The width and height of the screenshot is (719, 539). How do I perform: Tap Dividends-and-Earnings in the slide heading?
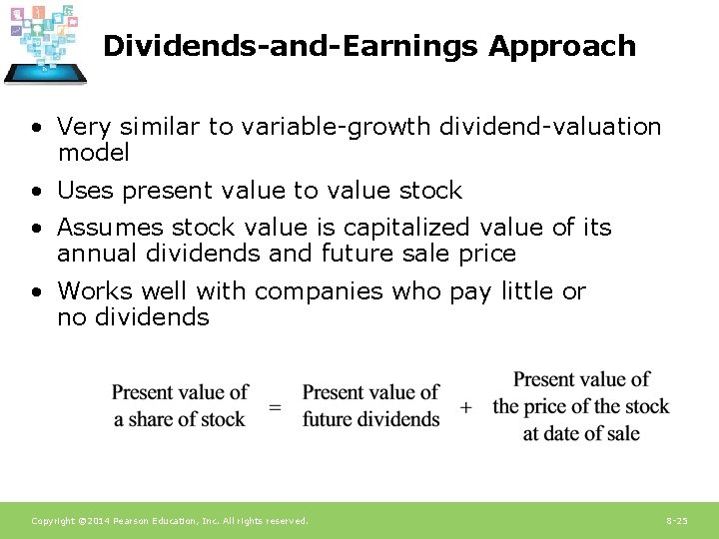tap(292, 47)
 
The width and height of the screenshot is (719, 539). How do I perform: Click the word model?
tap(93, 153)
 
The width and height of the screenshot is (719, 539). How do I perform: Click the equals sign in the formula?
tap(275, 407)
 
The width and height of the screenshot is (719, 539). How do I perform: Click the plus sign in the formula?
tap(465, 407)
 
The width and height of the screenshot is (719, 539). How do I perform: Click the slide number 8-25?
tap(676, 521)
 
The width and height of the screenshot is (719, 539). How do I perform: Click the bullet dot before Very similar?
tap(36, 128)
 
